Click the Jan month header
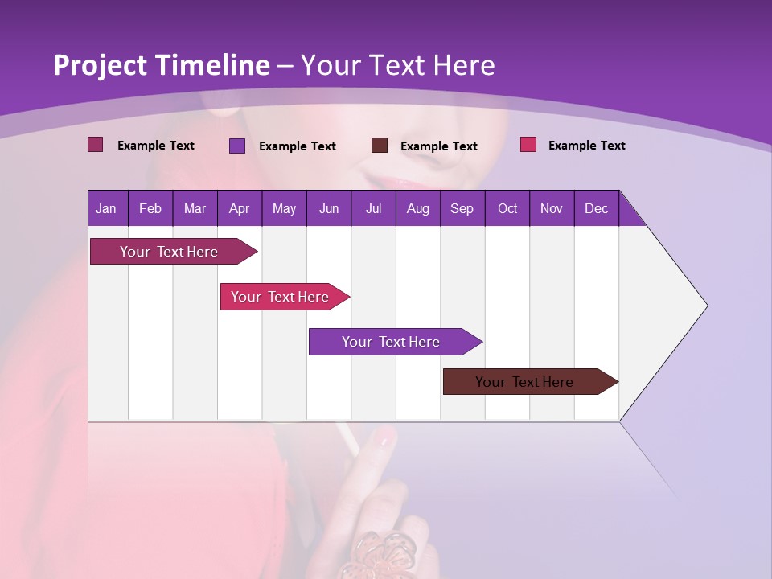point(107,208)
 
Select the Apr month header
point(239,208)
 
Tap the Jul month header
point(373,208)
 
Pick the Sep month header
point(462,208)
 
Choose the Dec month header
point(596,208)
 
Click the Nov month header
point(551,208)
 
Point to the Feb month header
point(150,208)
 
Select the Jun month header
point(328,208)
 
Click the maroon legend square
point(96,145)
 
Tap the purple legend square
point(237,146)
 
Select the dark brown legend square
point(380,145)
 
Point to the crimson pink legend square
point(528,145)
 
